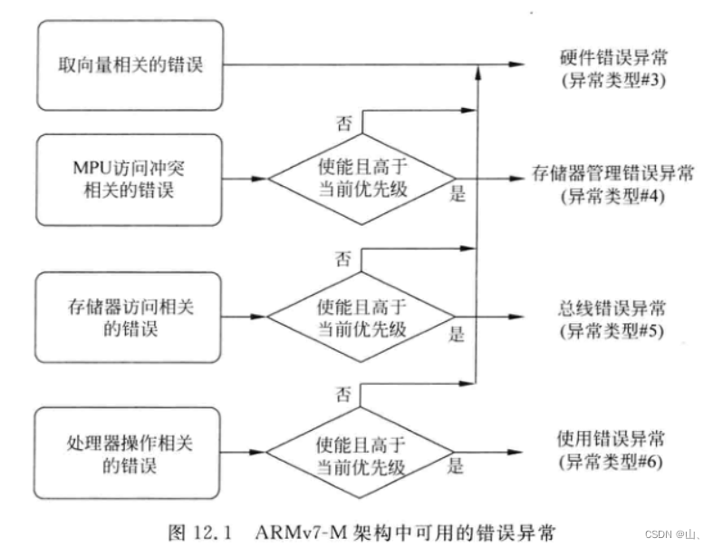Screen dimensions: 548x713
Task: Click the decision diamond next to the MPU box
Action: [362, 179]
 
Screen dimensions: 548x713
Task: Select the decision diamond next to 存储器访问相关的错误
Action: [362, 318]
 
